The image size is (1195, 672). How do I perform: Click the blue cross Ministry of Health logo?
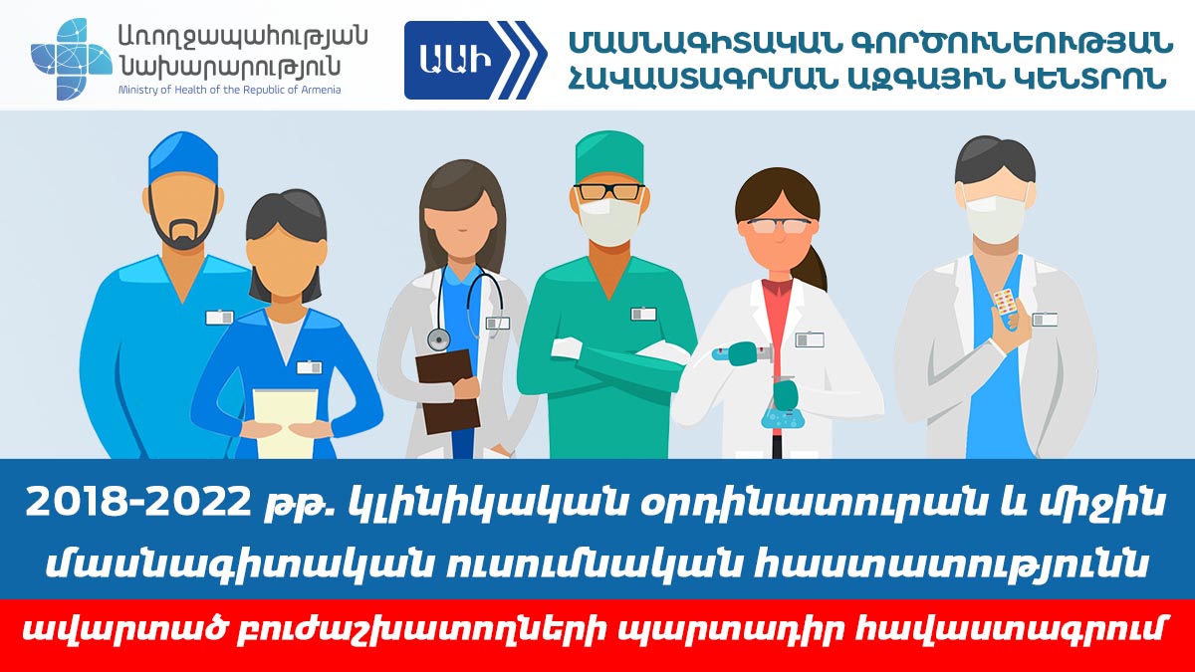tap(71, 59)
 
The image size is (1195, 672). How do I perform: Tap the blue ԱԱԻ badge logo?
tap(475, 60)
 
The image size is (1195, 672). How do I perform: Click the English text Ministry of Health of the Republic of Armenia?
tap(229, 89)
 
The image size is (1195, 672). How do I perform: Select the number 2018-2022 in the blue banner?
tap(138, 503)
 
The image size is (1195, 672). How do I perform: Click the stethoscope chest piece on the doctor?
tap(438, 339)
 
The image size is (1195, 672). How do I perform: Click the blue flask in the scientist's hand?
tap(783, 409)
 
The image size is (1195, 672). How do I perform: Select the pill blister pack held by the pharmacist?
tap(1005, 303)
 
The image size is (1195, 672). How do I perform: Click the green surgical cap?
tap(609, 158)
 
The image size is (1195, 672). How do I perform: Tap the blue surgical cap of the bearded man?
tap(183, 157)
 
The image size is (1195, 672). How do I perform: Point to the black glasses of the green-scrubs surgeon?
tap(609, 191)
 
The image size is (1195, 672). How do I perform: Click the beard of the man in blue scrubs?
tap(183, 224)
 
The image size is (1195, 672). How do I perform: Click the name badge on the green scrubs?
tap(643, 314)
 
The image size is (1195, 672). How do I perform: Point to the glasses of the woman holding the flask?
tap(780, 226)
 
